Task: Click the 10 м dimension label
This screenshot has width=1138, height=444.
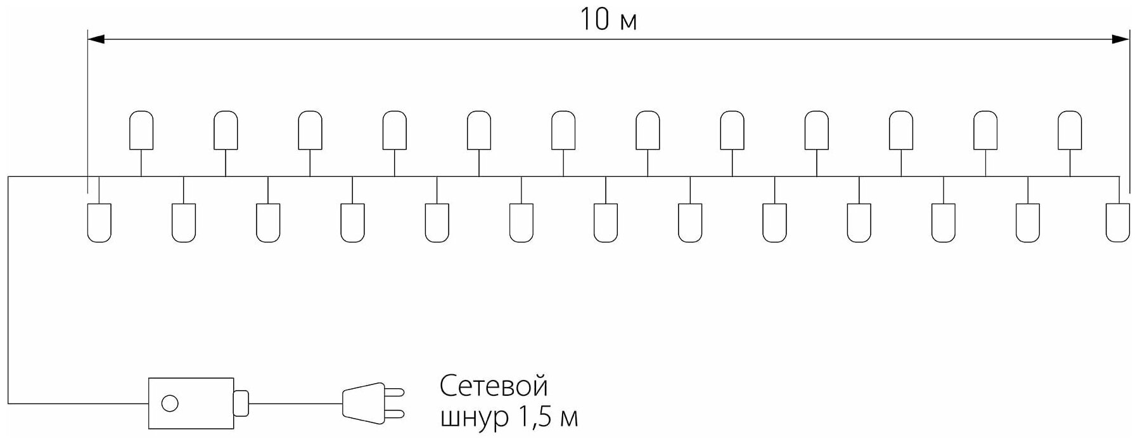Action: coord(608,20)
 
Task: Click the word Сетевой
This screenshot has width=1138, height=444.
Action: coord(493,386)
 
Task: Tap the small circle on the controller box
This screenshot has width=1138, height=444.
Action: coord(170,403)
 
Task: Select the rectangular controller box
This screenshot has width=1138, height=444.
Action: coord(191,403)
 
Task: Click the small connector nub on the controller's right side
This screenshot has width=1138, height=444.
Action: coord(241,403)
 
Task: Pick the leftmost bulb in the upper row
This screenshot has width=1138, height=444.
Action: coord(141,130)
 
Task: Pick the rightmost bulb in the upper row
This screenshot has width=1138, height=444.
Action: coord(1070,130)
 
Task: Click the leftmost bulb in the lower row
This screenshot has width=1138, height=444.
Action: coord(99,223)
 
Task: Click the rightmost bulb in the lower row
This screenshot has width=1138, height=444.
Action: coord(1118,223)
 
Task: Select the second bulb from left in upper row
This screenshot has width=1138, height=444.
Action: coord(226,130)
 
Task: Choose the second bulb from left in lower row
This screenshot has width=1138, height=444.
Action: coord(183,223)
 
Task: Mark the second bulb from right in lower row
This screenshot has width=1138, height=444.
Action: coord(1027,223)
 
